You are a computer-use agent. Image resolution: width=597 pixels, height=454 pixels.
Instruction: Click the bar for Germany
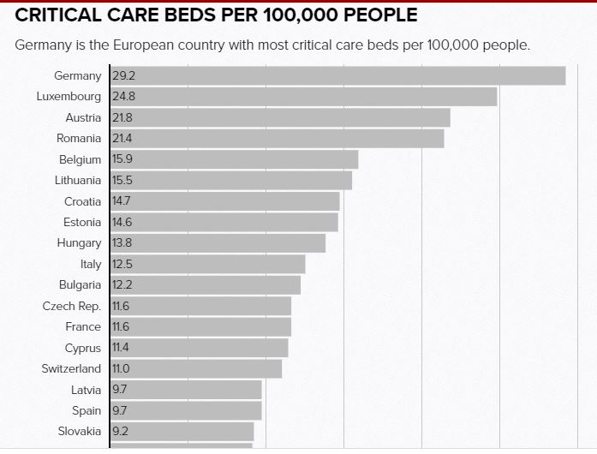tap(338, 75)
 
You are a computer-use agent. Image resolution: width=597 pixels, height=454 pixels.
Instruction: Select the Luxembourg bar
tap(304, 97)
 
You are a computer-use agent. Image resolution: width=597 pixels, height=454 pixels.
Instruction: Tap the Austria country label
tap(83, 117)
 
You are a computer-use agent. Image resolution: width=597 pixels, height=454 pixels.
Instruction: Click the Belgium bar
tap(234, 159)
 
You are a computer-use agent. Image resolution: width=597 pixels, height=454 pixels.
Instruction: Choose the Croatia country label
tap(82, 201)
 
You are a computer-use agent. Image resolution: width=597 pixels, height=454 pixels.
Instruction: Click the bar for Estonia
tap(224, 222)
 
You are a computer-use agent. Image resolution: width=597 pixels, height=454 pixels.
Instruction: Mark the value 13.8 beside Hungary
tap(122, 243)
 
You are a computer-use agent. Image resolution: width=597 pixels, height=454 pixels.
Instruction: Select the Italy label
tap(91, 264)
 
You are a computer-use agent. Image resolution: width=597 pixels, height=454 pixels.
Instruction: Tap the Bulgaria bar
tap(206, 284)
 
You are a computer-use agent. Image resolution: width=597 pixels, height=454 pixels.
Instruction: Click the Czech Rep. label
tap(72, 306)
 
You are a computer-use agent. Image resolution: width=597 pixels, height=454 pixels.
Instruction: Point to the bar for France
tap(201, 326)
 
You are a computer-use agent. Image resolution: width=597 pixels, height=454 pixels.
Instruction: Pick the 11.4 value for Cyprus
tap(120, 348)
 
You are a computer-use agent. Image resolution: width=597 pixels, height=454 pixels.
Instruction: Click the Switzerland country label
tap(71, 368)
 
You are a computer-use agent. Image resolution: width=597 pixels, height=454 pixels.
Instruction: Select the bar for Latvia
tap(186, 390)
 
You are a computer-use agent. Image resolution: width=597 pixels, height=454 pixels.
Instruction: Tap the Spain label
tap(87, 410)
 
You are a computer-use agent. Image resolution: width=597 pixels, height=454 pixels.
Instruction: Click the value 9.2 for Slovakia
tap(120, 432)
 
